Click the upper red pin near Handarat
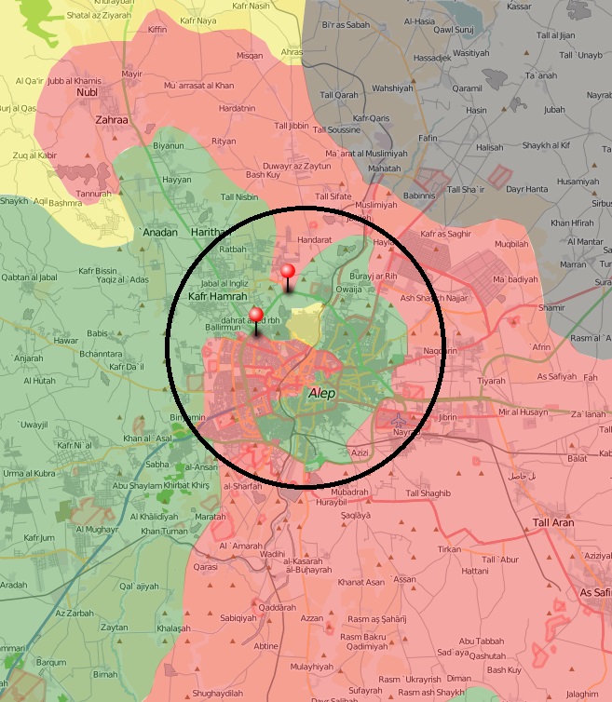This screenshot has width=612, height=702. [288, 273]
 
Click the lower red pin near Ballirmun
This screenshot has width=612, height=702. [256, 316]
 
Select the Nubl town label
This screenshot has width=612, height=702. [87, 92]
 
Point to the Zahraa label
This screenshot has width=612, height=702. [111, 119]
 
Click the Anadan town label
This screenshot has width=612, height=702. [158, 232]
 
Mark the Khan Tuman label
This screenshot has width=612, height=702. [164, 531]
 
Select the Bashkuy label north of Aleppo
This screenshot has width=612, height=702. [263, 174]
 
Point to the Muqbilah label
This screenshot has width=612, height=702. [511, 244]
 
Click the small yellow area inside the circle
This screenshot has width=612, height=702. [305, 326]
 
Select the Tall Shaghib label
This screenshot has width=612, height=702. [428, 493]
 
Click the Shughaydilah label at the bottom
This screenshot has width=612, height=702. [217, 693]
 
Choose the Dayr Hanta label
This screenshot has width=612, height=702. [524, 189]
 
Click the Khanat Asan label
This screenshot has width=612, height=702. [360, 582]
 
